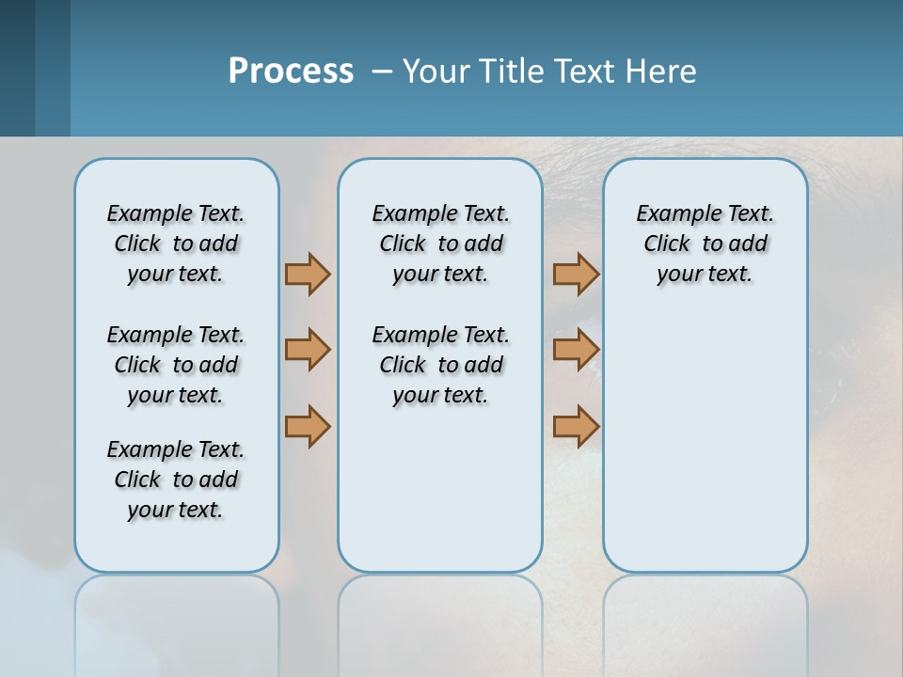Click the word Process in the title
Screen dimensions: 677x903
point(291,71)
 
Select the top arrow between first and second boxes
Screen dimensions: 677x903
point(308,274)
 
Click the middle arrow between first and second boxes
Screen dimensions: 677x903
point(308,350)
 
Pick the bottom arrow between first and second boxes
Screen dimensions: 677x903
point(308,427)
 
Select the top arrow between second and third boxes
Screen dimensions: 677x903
point(576,274)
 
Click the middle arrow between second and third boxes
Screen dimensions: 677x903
point(576,350)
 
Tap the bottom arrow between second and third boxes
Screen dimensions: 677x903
point(576,427)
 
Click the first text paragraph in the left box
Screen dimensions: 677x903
point(176,244)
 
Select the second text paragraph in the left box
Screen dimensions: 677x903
point(176,365)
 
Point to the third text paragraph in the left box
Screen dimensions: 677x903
point(176,480)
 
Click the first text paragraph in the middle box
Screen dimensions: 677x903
point(440,244)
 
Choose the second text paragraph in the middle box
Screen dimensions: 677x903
point(440,365)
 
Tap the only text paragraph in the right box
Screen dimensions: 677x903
point(705,244)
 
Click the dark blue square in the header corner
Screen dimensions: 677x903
point(17,68)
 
